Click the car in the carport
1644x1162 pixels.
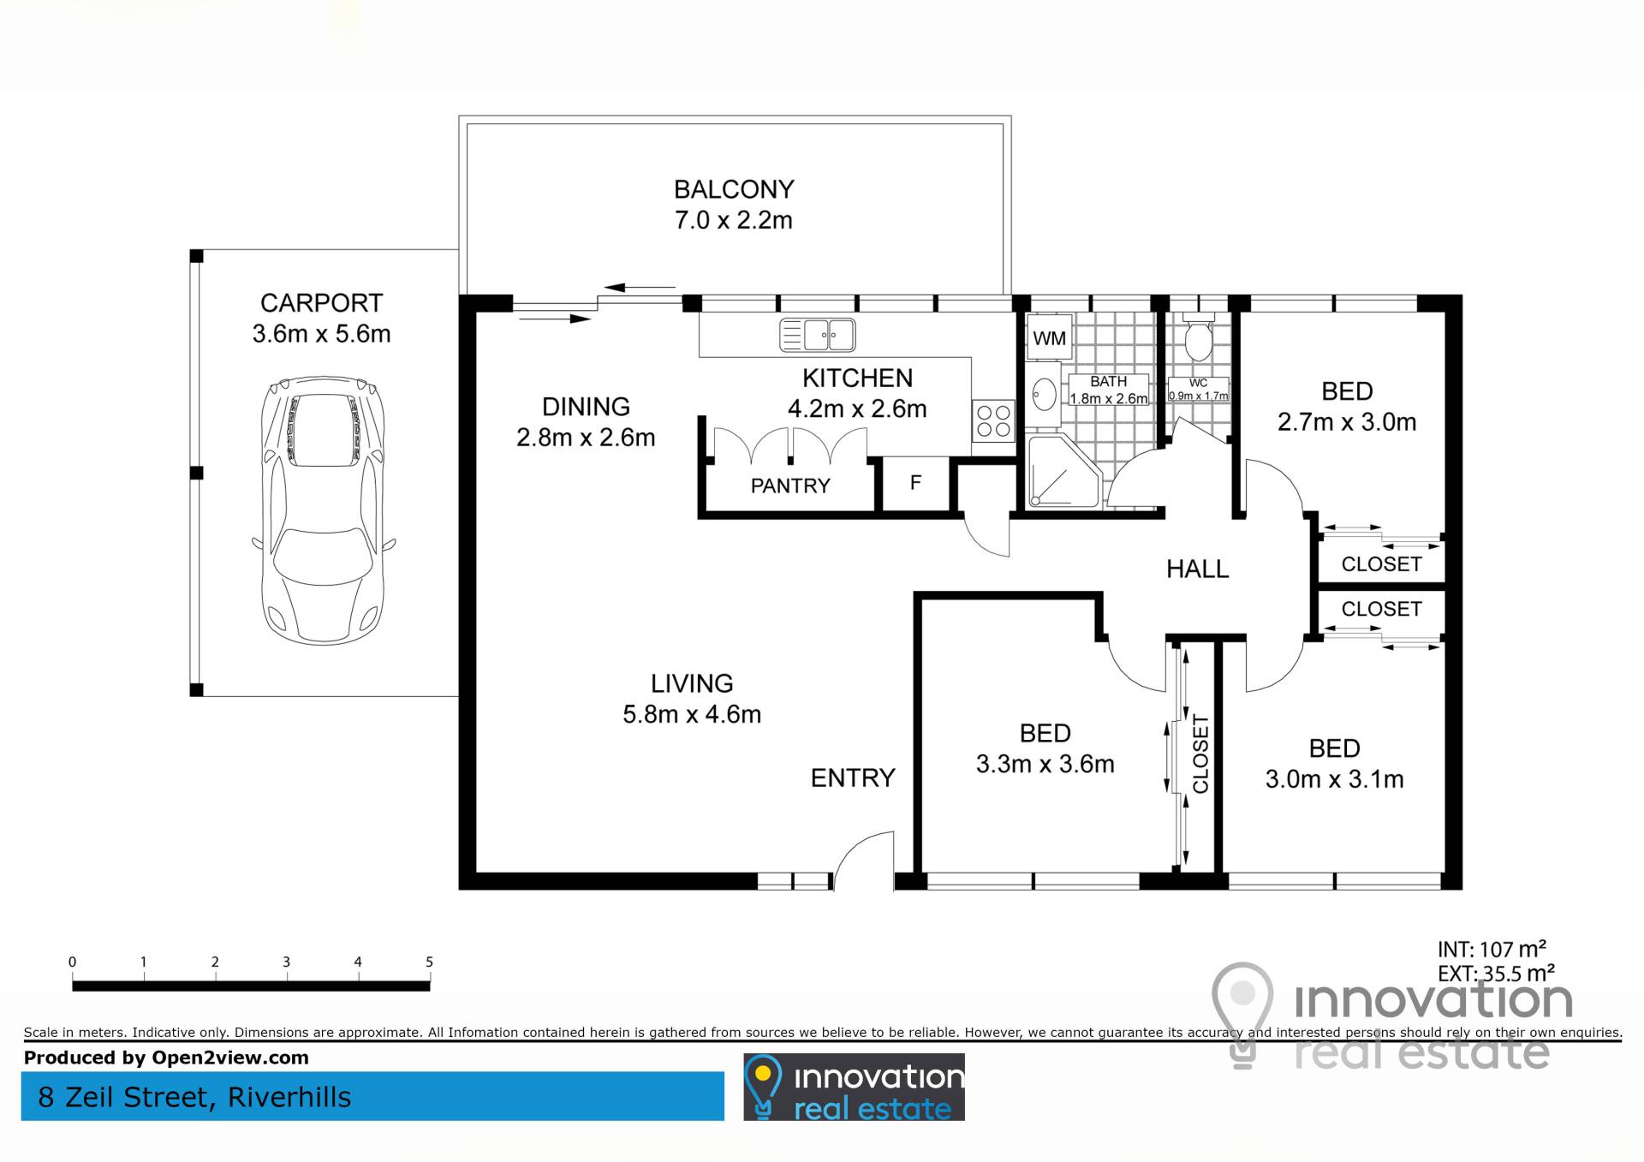(x=323, y=511)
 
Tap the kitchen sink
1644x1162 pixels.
(x=817, y=335)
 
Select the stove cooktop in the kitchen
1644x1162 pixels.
(x=993, y=421)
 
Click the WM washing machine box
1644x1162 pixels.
(x=1049, y=338)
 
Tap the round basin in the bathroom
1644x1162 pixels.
(x=1044, y=396)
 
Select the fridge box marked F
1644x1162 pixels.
(x=915, y=484)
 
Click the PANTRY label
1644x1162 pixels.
(x=790, y=486)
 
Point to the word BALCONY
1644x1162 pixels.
(x=734, y=189)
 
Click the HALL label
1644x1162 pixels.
(x=1197, y=569)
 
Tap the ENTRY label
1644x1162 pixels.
(x=853, y=778)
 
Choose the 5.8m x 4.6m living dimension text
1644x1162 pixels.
(x=692, y=714)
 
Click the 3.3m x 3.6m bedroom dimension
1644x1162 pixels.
(x=1045, y=764)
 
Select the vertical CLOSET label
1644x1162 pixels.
(x=1200, y=754)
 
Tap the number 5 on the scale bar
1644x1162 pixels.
(x=429, y=962)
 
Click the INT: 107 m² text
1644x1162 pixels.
(x=1492, y=950)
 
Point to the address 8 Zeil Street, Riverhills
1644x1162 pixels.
(x=194, y=1098)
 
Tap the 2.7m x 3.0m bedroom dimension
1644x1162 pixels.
(x=1347, y=422)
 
